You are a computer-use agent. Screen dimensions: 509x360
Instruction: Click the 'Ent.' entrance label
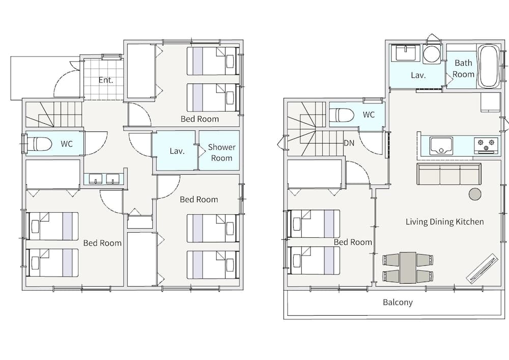click(106, 80)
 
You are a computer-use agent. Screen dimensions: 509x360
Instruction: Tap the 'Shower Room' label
click(222, 153)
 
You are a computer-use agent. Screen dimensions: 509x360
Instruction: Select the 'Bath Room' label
click(464, 69)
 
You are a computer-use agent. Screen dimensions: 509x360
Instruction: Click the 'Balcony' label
click(398, 302)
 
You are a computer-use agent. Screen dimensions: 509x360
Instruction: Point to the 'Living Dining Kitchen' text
click(445, 221)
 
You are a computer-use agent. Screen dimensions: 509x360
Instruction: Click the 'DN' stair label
click(349, 143)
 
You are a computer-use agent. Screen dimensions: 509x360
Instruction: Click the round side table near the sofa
click(475, 194)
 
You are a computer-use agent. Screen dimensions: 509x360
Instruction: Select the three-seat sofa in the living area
click(449, 174)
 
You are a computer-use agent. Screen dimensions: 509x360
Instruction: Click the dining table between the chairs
click(408, 268)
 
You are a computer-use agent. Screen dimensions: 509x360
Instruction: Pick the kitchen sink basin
click(441, 146)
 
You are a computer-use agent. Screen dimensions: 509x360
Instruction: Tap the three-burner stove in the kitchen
click(486, 146)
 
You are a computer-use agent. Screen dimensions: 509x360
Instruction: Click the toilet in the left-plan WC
click(39, 144)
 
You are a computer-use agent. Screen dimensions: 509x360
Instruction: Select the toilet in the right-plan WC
click(342, 115)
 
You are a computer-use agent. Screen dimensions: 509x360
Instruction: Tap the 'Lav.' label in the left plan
click(177, 151)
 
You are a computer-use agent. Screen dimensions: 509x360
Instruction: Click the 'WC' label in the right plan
click(369, 115)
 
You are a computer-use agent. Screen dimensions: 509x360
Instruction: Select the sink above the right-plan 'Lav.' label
click(406, 52)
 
